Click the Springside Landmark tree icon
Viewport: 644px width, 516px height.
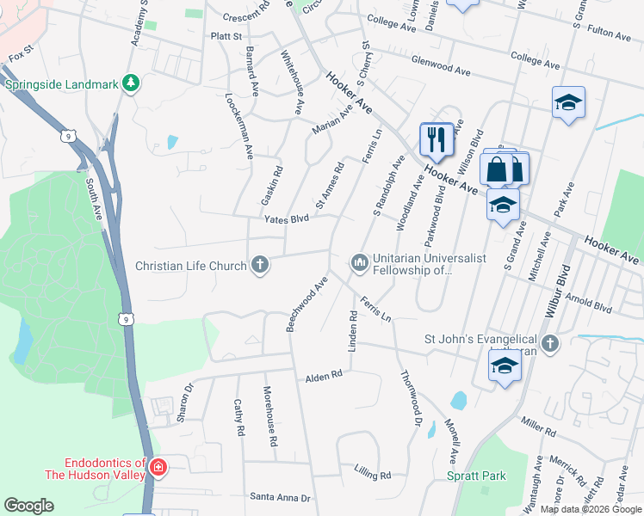[131, 83]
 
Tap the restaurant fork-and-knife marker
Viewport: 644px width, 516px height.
[437, 138]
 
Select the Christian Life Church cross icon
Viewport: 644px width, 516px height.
[259, 265]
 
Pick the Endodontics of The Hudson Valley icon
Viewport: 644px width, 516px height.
[158, 468]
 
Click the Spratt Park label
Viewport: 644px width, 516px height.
[475, 476]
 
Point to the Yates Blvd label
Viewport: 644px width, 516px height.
[286, 218]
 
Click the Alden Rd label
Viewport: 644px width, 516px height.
[324, 376]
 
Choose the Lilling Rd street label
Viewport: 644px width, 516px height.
[372, 475]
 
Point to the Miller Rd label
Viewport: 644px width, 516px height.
[540, 425]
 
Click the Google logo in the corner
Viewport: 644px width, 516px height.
[28, 506]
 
